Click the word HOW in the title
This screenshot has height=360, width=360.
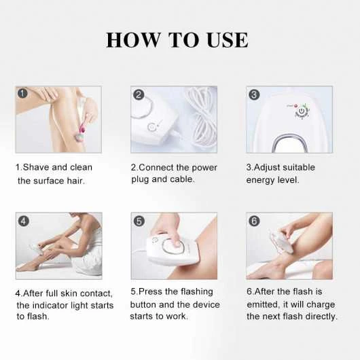tap(133, 40)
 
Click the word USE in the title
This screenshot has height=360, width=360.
tap(228, 40)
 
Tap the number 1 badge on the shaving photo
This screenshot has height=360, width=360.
tap(22, 93)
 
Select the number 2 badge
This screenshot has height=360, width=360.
tap(139, 94)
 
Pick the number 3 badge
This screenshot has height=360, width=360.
tap(254, 94)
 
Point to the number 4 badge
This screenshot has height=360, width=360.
tap(24, 221)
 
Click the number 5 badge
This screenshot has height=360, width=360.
tap(139, 221)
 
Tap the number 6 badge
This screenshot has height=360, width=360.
tap(255, 221)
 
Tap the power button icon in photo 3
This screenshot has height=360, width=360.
tap(302, 112)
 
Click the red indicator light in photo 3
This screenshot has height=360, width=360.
tap(295, 106)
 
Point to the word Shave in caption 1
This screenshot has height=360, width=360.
tap(36, 167)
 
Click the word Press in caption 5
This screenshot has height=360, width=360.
tap(150, 291)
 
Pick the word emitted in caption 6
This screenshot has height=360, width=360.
tap(264, 305)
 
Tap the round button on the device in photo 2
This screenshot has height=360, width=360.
tap(151, 127)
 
